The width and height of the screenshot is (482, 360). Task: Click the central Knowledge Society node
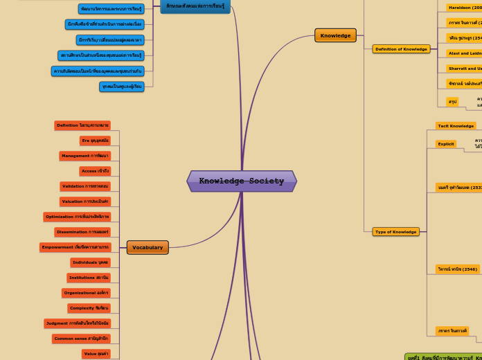[x=241, y=181]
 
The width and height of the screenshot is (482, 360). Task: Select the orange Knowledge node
[x=335, y=35]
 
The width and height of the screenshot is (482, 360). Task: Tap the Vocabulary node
[x=148, y=247]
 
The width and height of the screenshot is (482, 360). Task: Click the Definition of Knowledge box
[x=401, y=49]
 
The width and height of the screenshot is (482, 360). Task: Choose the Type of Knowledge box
[x=395, y=232]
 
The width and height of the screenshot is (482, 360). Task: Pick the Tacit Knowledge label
[x=456, y=126]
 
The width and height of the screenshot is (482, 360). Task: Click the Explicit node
[x=446, y=144]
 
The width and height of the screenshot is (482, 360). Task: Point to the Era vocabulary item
[x=95, y=141]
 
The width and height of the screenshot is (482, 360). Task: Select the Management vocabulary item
[x=84, y=156]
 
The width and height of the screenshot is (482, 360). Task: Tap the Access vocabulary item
[x=95, y=171]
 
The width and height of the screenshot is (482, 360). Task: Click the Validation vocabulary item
[x=85, y=186]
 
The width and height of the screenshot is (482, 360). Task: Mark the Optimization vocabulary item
[x=77, y=217]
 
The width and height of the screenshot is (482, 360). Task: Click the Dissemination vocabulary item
[x=82, y=232]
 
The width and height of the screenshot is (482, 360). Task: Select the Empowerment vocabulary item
[x=75, y=247]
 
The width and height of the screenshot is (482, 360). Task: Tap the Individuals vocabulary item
[x=90, y=262]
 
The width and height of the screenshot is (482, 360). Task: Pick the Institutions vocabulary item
[x=89, y=278]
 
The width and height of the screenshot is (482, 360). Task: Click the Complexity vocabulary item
[x=89, y=308]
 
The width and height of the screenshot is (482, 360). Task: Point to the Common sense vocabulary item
[x=81, y=339]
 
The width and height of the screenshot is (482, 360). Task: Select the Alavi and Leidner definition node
[x=465, y=53]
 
